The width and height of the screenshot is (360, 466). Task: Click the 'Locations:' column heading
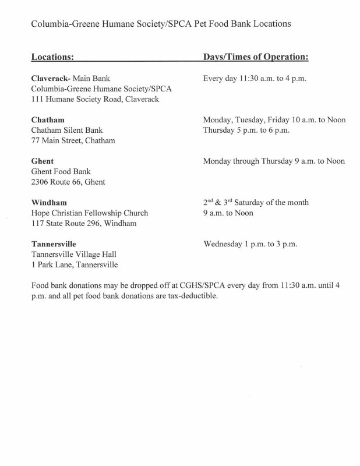(52, 58)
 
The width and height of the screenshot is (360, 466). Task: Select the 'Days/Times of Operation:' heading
(255, 58)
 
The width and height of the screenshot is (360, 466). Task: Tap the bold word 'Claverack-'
(51, 78)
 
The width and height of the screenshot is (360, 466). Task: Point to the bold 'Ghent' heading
(41, 161)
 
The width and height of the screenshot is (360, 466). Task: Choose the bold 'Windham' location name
(48, 203)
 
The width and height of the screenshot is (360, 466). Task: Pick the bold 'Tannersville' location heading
(54, 244)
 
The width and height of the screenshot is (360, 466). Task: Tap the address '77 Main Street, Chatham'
(73, 140)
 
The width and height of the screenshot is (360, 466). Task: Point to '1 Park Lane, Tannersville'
(74, 265)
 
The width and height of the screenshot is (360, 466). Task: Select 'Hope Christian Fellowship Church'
(89, 213)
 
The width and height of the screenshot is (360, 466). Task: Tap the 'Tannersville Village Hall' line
(74, 255)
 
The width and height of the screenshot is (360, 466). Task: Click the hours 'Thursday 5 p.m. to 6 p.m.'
(248, 130)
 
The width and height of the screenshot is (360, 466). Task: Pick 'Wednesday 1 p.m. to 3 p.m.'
(250, 244)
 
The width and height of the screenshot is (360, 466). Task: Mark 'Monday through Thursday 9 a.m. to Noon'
(274, 161)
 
